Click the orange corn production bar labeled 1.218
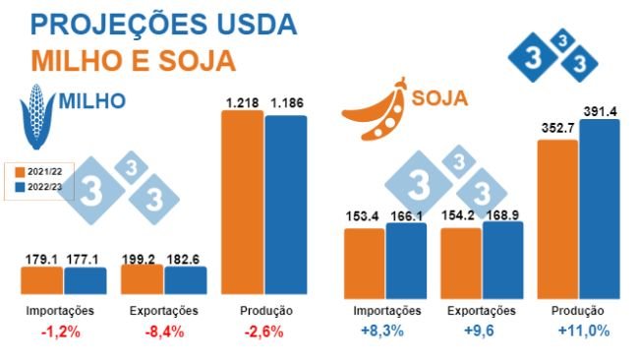(x=242, y=202)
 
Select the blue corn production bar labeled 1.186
(x=286, y=205)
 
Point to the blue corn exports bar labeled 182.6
(x=185, y=280)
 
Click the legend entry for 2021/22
(x=37, y=171)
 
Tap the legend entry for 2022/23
(x=37, y=187)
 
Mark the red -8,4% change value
(x=163, y=332)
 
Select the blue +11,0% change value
(x=582, y=332)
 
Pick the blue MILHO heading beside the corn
(x=93, y=100)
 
